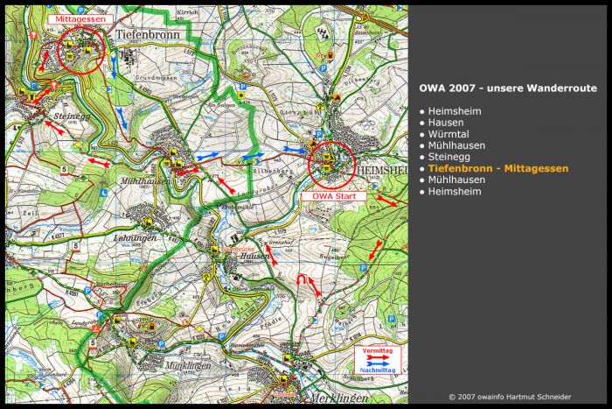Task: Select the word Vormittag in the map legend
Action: [x=378, y=350]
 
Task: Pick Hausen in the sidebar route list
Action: [x=446, y=123]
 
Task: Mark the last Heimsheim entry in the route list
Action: [x=454, y=191]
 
